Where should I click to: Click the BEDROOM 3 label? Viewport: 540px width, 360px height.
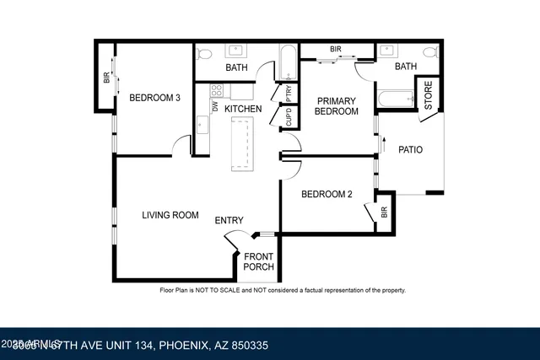154,98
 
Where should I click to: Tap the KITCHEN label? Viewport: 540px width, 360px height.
243,109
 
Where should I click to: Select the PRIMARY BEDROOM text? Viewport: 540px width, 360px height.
336,106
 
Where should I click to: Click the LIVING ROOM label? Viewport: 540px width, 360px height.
170,215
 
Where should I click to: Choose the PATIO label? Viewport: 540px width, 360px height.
410,150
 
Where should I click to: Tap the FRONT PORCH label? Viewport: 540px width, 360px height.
258,261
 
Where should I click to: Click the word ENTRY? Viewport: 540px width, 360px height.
229,221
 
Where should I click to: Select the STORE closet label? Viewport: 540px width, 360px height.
428,94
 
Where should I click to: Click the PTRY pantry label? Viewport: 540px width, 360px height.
289,92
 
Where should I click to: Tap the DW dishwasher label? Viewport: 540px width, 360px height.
216,107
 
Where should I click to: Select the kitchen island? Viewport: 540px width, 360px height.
242,143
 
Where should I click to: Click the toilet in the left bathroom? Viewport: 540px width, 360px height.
203,53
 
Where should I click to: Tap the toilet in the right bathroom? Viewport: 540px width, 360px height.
429,53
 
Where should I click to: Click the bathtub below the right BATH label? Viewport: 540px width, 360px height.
395,99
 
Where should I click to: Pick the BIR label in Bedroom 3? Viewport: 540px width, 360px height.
106,78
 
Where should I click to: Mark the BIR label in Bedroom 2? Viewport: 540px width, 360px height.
384,212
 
